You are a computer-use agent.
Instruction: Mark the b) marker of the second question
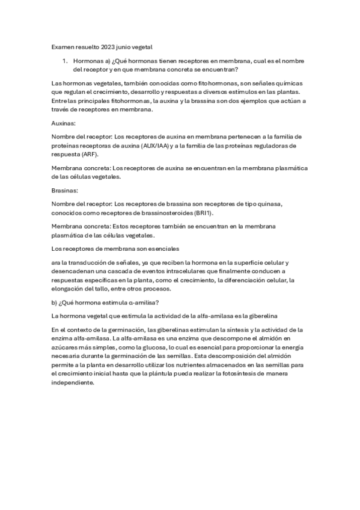(55, 302)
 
